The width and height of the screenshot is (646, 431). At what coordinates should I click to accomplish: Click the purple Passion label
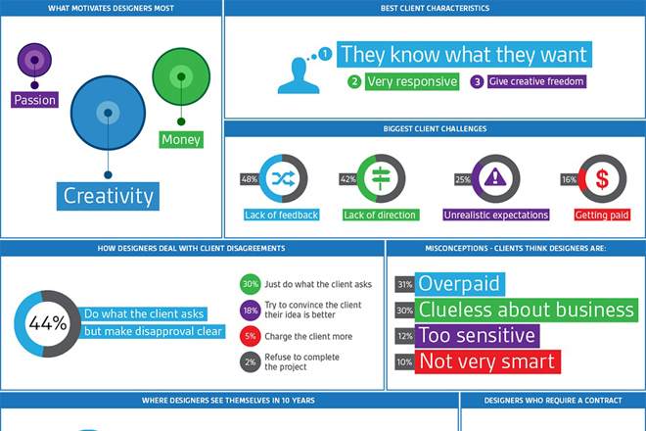(34, 100)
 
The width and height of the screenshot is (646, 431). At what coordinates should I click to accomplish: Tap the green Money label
(181, 140)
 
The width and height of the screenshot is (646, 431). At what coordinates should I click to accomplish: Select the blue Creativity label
(108, 196)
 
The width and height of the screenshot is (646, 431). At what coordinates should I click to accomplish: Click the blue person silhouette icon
(299, 75)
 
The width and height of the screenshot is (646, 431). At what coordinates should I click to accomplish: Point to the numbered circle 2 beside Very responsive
(354, 81)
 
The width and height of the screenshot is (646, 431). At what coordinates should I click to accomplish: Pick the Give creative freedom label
(536, 81)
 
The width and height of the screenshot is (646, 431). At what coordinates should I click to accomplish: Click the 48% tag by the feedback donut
(250, 179)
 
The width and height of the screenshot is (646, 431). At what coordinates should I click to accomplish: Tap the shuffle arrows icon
(283, 178)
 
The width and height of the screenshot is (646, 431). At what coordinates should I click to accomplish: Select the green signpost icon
(381, 178)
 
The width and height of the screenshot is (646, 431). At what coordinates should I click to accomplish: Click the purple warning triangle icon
(495, 177)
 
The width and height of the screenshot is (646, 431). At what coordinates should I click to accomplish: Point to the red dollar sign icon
(602, 179)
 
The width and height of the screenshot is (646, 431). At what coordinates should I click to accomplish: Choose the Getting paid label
(602, 215)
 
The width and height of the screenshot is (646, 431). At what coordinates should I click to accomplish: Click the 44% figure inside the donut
(48, 323)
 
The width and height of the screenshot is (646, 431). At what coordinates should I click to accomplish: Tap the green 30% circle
(250, 284)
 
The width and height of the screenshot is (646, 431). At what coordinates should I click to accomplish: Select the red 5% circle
(250, 336)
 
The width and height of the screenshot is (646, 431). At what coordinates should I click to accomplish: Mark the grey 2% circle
(250, 362)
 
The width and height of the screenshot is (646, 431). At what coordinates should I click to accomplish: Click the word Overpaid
(459, 284)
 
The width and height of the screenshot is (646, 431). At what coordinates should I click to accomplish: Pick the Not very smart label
(487, 361)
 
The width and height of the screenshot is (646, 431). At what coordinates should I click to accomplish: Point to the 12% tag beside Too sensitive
(405, 336)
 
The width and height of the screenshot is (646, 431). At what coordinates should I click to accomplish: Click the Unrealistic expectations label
(496, 215)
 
